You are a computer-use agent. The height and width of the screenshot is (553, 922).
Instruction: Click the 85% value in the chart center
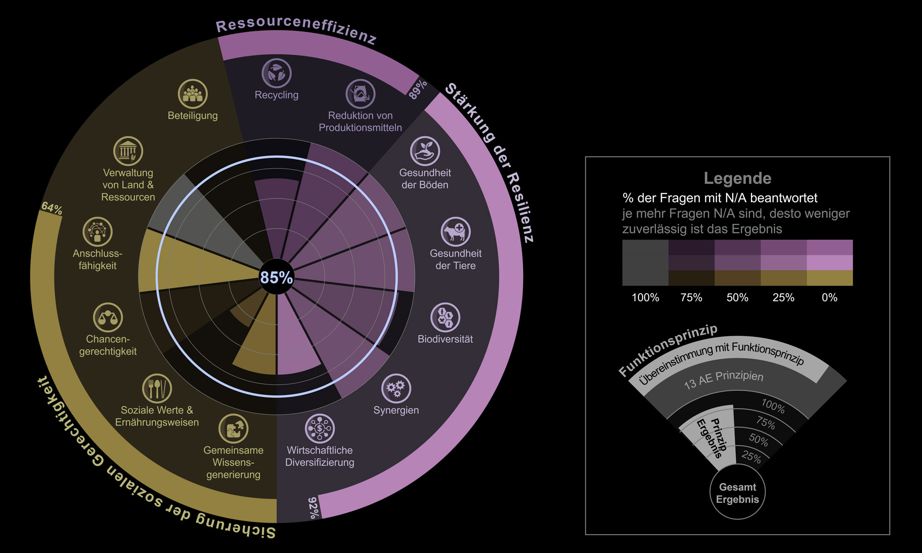tap(277, 277)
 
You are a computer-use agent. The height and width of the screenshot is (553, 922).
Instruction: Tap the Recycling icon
tap(277, 73)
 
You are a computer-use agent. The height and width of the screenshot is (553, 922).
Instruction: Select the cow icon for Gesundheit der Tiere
tap(455, 231)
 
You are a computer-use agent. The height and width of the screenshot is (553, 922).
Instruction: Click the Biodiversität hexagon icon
tap(445, 317)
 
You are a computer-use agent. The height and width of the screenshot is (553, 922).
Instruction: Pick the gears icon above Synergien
tap(396, 388)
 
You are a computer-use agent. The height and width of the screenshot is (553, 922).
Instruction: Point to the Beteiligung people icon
tap(193, 94)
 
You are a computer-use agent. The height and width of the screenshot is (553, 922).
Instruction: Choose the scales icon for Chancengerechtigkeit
tap(108, 317)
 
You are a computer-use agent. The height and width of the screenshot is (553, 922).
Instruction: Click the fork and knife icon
tap(157, 388)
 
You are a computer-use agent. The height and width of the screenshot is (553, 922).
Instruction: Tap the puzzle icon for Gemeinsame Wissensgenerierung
tap(233, 428)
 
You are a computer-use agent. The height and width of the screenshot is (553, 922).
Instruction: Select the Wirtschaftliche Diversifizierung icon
tap(319, 428)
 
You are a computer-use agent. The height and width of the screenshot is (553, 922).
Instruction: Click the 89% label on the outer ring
tap(418, 89)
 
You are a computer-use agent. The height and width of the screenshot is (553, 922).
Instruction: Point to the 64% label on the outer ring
tap(52, 208)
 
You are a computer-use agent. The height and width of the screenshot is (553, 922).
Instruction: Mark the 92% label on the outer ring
tap(313, 507)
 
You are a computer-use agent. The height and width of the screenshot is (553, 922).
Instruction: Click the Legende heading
tap(737, 178)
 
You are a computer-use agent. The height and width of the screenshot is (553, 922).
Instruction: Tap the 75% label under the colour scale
tap(691, 298)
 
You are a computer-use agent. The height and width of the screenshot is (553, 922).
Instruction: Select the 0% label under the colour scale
tap(829, 298)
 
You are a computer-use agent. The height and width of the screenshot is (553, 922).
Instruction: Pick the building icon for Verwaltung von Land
tap(128, 151)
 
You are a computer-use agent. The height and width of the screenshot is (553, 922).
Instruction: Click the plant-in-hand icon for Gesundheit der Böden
tap(425, 151)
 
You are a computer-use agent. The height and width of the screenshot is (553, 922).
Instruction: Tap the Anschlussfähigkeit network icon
tap(97, 231)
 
